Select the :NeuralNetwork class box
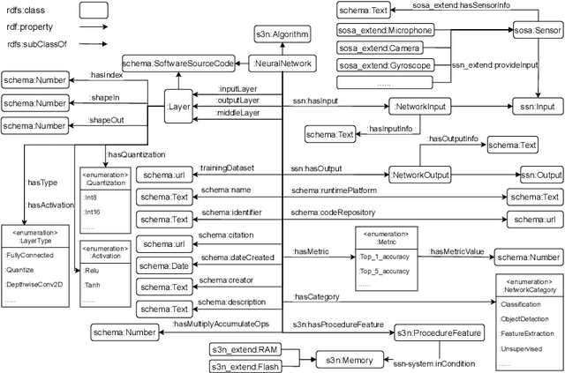pyautogui.click(x=281, y=63)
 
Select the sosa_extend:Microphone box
pyautogui.click(x=381, y=30)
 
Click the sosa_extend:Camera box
pyautogui.click(x=375, y=48)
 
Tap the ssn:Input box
pyautogui.click(x=538, y=105)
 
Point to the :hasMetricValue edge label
pyautogui.click(x=457, y=251)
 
